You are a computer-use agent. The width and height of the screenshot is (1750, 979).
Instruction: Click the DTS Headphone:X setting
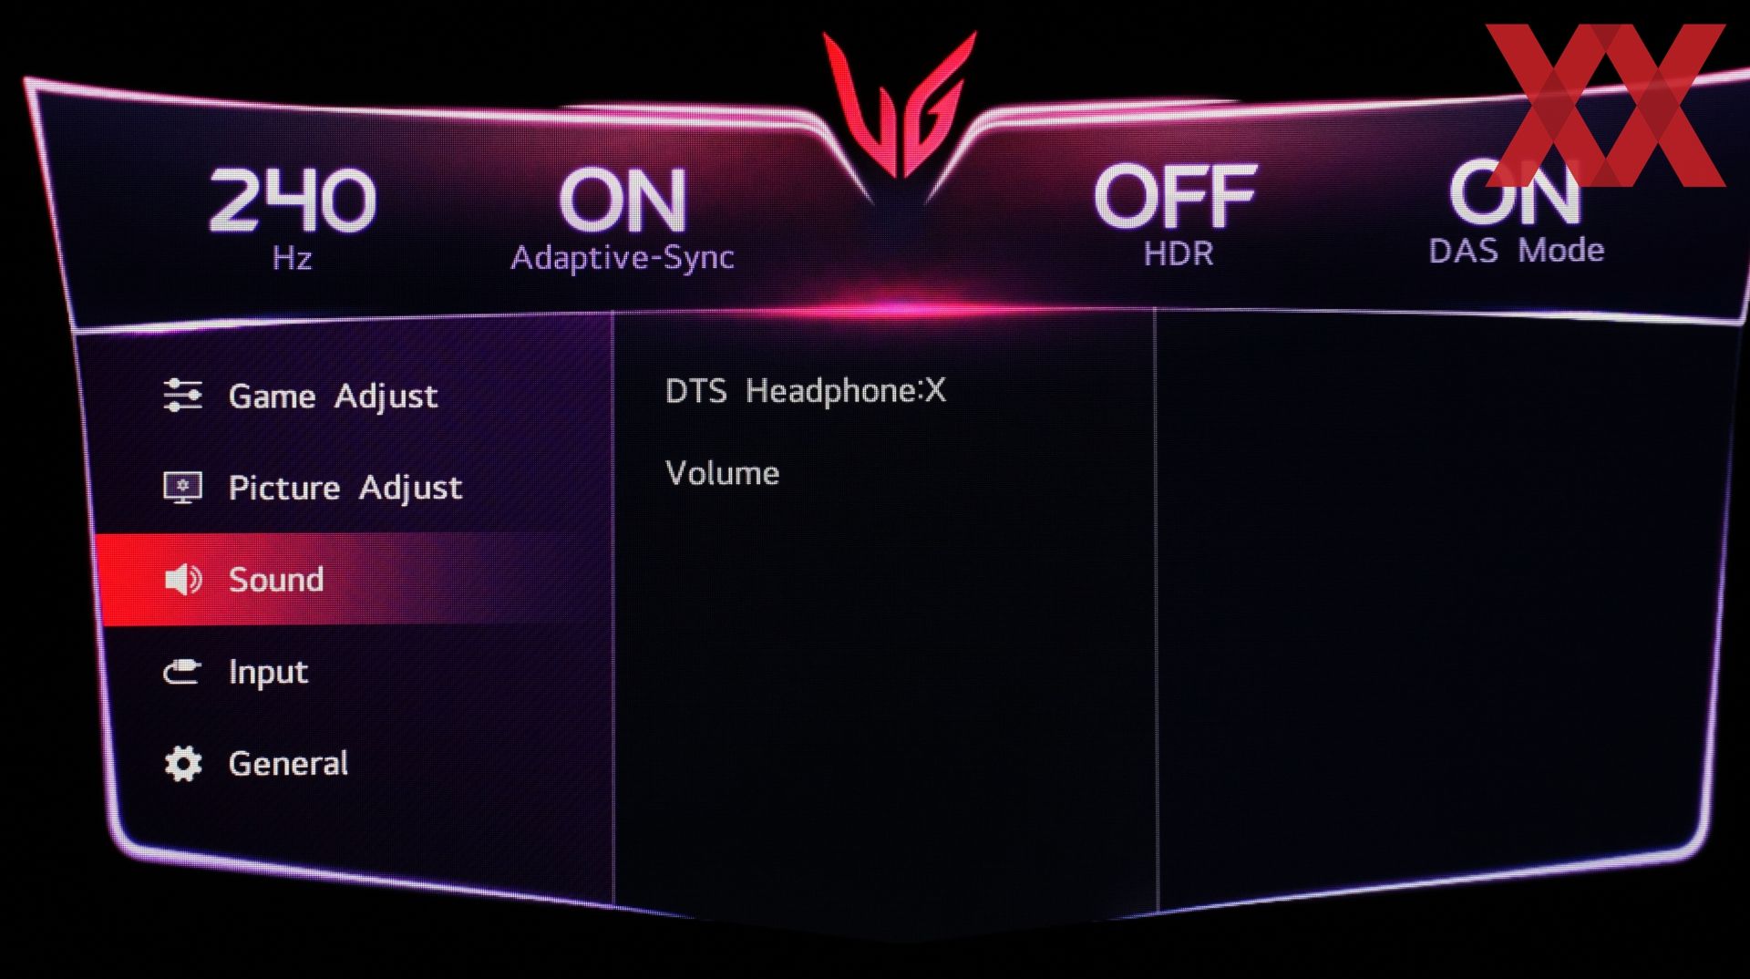806,391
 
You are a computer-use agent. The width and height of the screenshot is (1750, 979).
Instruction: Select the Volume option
723,473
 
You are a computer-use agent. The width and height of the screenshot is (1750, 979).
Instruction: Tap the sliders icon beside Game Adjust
182,396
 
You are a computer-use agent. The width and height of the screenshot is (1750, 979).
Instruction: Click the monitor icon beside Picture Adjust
182,488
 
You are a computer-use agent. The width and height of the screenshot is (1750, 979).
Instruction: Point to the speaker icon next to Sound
183,580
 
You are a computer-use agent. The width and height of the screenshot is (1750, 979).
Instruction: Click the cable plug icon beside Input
182,672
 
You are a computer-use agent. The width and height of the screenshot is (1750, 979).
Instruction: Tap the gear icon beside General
183,764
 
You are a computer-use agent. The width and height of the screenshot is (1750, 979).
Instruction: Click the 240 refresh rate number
292,200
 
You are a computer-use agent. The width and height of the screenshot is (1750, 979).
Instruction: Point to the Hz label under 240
292,259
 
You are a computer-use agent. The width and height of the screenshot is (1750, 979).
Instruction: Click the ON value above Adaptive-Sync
623,201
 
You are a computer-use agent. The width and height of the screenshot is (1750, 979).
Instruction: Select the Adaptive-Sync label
623,257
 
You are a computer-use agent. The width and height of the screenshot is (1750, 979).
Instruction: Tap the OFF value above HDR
1176,196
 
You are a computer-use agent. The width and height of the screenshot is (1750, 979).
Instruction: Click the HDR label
1179,253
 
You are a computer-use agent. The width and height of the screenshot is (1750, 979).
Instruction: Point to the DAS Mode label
1517,250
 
